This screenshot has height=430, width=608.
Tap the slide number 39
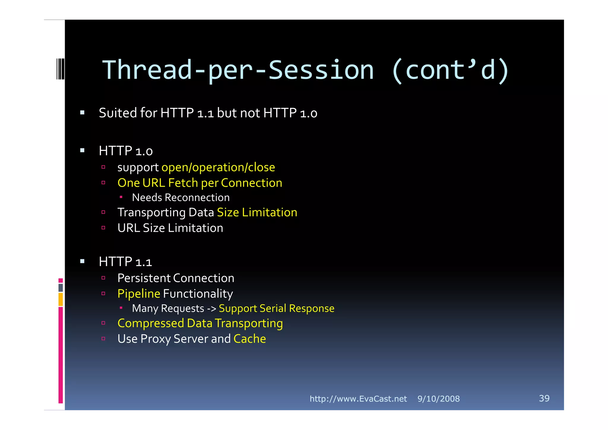click(544, 398)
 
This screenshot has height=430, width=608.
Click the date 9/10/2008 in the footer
click(438, 399)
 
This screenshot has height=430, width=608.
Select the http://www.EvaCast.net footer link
click(358, 399)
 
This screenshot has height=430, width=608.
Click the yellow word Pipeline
click(139, 294)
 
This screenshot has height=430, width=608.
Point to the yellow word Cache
click(250, 339)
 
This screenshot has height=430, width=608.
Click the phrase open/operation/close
click(218, 167)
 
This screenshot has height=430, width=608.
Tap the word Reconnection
click(197, 198)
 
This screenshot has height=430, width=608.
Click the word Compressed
click(151, 324)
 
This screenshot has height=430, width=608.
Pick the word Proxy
click(156, 339)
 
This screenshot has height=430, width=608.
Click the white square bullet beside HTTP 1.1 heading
click(82, 262)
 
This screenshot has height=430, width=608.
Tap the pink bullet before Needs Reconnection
click(121, 197)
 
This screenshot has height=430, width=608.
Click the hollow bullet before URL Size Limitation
click(103, 228)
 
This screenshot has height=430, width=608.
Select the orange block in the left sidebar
click(61, 299)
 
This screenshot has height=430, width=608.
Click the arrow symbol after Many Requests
click(211, 309)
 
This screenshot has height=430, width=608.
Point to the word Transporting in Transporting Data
click(151, 213)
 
